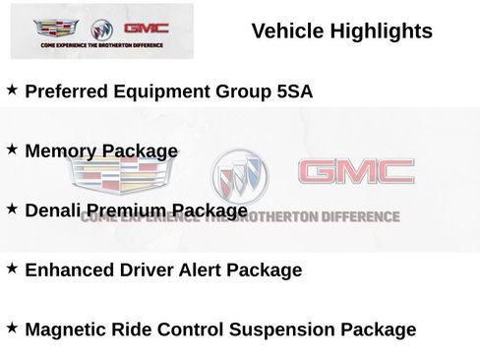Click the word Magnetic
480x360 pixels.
69,330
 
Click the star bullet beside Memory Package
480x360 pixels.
12,149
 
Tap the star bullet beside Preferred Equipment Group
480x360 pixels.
12,90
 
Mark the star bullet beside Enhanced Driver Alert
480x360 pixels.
12,268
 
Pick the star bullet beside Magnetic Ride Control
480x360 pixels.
12,327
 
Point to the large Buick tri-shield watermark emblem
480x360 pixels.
242,179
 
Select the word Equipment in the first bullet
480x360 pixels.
164,91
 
